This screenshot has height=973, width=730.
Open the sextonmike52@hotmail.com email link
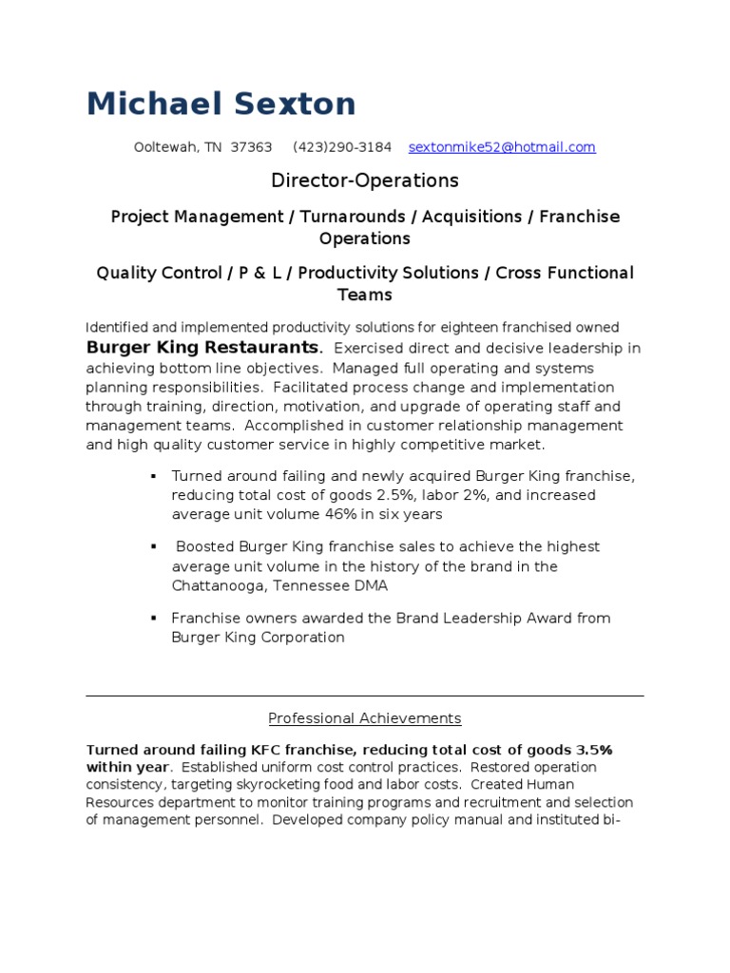[x=502, y=147]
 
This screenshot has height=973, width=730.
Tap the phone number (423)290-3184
[x=342, y=147]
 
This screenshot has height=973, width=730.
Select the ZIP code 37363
[x=251, y=147]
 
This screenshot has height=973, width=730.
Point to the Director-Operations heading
[x=365, y=181]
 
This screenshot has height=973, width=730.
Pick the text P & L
[x=261, y=274]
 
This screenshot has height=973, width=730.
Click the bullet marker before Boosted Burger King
[x=153, y=547]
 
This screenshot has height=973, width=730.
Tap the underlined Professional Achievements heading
[x=365, y=718]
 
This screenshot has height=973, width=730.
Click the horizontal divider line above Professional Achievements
[x=365, y=696]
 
